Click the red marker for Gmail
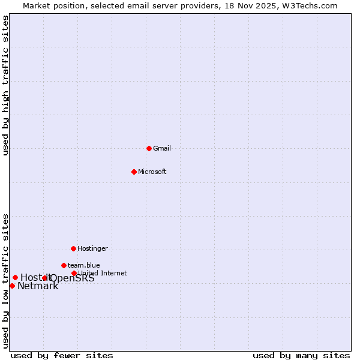click(x=149, y=148)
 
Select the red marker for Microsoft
click(x=134, y=172)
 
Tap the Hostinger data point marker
click(x=73, y=248)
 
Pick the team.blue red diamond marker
click(x=64, y=265)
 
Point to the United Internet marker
click(x=74, y=273)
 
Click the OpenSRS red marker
click(x=44, y=278)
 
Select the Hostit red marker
click(x=15, y=277)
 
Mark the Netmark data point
click(x=12, y=286)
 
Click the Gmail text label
click(x=162, y=148)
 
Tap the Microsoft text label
click(x=152, y=172)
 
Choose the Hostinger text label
click(x=92, y=248)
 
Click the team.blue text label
click(x=83, y=265)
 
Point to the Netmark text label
click(x=38, y=286)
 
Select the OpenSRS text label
click(x=73, y=278)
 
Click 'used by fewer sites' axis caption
click(x=62, y=355)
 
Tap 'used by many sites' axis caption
click(x=301, y=355)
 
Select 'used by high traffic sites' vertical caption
click(x=5, y=85)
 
